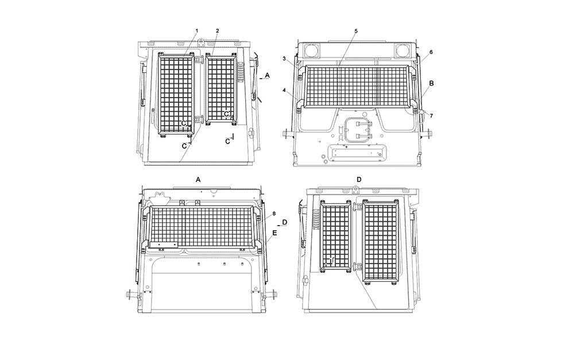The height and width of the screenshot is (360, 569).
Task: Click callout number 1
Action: pos(197,31)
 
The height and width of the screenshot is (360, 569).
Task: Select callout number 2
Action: pos(218,31)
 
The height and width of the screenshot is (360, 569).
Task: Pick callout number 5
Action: pos(356,31)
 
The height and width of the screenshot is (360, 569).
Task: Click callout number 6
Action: pos(431,52)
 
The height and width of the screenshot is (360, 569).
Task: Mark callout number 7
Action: pos(431,116)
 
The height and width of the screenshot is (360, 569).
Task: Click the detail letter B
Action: pos(431,83)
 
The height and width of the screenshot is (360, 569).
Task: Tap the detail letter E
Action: pos(274,233)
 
